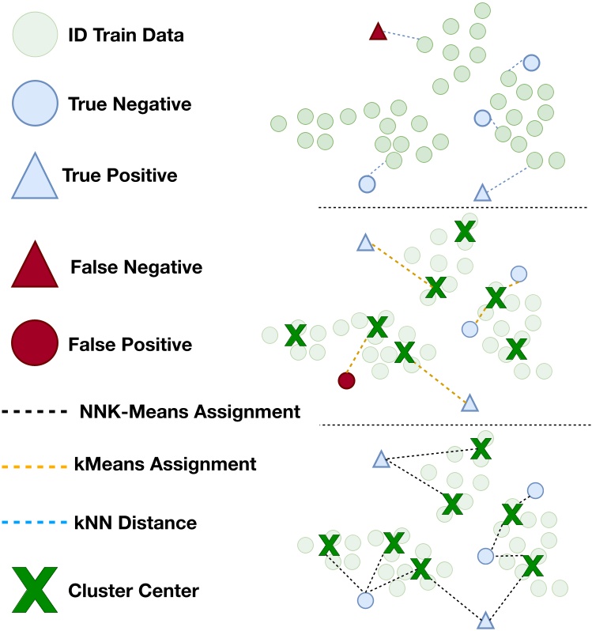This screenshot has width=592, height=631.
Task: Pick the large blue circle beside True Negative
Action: point(35,104)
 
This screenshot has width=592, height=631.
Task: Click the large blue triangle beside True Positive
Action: point(35,176)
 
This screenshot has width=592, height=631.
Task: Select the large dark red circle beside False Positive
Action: point(35,345)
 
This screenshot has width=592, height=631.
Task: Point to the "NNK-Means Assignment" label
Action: point(190,411)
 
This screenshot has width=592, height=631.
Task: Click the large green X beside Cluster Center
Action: point(35,590)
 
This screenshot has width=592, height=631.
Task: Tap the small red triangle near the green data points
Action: point(378,32)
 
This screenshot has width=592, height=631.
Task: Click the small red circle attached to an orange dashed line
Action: point(346,380)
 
